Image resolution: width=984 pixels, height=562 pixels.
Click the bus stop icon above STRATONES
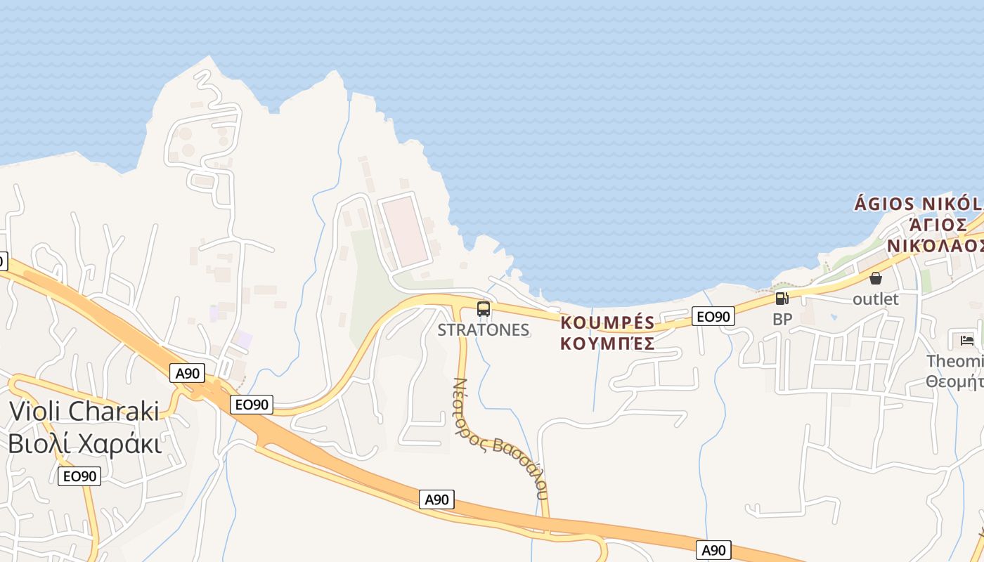pyautogui.click(x=484, y=308)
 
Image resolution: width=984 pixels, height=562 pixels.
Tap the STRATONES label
pyautogui.click(x=483, y=329)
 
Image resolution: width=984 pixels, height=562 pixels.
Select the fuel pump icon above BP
pyautogui.click(x=782, y=299)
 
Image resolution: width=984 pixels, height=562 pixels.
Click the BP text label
pyautogui.click(x=782, y=319)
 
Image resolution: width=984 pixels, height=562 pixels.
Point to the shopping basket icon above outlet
pyautogui.click(x=876, y=279)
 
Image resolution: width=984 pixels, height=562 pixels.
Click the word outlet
pyautogui.click(x=875, y=299)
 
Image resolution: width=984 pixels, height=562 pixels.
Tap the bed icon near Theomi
pyautogui.click(x=967, y=341)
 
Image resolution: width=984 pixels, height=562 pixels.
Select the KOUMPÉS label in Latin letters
pyautogui.click(x=607, y=323)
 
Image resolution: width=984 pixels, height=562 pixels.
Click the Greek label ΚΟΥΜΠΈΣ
pyautogui.click(x=607, y=344)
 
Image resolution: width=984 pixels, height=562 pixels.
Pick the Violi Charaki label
pyautogui.click(x=84, y=411)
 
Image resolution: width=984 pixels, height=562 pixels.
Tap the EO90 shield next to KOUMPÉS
pyautogui.click(x=713, y=317)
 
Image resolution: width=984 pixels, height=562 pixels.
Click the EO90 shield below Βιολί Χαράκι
pyautogui.click(x=79, y=476)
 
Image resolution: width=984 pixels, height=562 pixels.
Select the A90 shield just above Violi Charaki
pyautogui.click(x=188, y=373)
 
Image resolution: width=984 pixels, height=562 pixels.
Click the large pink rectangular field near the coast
pyautogui.click(x=403, y=230)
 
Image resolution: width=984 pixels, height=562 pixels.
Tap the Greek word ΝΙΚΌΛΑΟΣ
pyautogui.click(x=935, y=246)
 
